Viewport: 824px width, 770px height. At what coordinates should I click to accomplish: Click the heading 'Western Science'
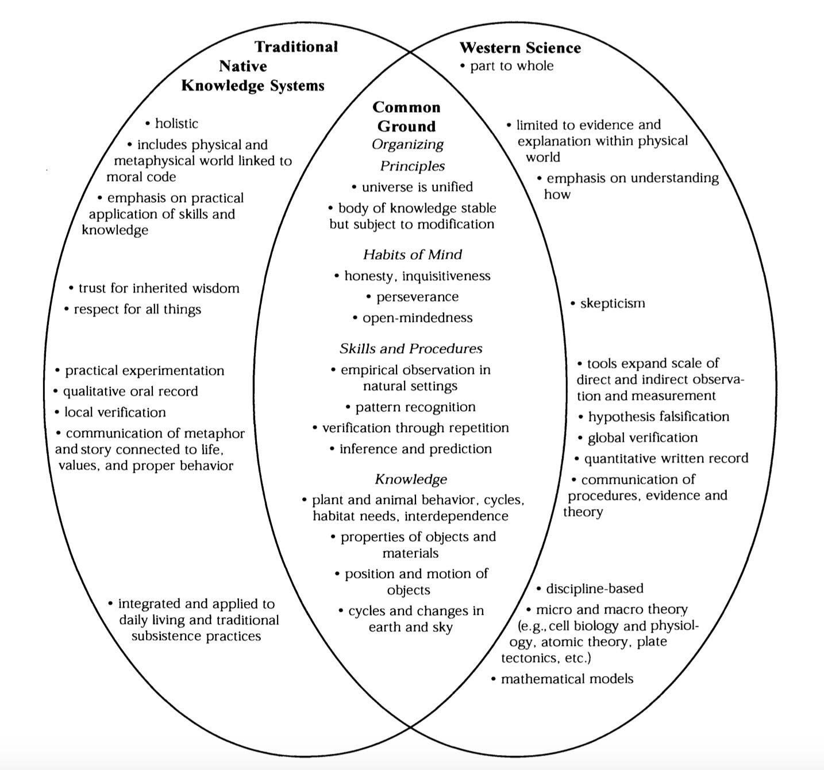[520, 48]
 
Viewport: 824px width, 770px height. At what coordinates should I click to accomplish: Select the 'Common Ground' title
[406, 117]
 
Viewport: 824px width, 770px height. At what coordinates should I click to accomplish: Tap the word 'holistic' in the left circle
[176, 124]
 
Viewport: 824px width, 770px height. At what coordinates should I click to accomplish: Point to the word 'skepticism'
[612, 303]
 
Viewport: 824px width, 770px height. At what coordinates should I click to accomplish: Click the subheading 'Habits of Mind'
[412, 255]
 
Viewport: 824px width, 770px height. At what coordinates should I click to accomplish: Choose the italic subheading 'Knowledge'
[411, 479]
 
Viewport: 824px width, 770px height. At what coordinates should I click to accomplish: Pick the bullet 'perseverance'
[417, 297]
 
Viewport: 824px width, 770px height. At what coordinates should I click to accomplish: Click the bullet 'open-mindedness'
[417, 318]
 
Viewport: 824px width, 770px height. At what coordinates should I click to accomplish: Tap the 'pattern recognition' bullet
[415, 407]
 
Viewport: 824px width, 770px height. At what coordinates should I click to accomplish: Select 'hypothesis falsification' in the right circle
[658, 417]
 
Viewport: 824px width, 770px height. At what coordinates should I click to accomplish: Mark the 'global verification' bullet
[642, 438]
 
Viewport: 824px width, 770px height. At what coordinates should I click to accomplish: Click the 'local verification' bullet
[115, 413]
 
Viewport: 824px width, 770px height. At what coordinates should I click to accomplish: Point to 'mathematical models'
[567, 679]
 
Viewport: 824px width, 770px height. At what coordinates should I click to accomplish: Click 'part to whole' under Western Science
[511, 66]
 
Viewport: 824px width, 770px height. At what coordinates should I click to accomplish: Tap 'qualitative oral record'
[130, 392]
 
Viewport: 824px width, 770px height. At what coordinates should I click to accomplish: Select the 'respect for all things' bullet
[137, 310]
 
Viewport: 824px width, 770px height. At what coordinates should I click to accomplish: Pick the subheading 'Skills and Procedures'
[411, 349]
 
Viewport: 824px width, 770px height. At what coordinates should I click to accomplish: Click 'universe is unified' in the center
[417, 187]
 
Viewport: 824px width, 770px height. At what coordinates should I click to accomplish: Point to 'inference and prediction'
[415, 449]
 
